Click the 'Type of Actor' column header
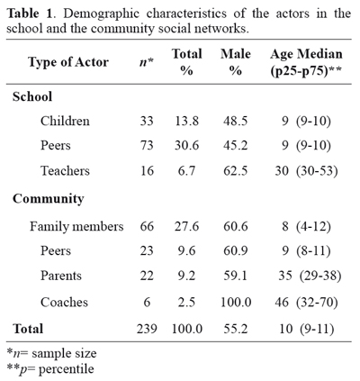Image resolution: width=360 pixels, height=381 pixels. pyautogui.click(x=68, y=62)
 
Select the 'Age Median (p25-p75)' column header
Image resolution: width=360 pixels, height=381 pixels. pyautogui.click(x=306, y=62)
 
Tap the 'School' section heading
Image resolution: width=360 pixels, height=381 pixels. pyautogui.click(x=32, y=96)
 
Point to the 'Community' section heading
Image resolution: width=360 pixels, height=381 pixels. pyautogui.click(x=49, y=199)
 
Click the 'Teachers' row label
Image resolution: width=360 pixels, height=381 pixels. pyautogui.click(x=65, y=170)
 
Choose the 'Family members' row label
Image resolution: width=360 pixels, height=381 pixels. pyautogui.click(x=76, y=226)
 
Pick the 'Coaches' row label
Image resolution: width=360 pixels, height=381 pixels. pyautogui.click(x=64, y=302)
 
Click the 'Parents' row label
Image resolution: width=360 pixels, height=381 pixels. pyautogui.click(x=61, y=276)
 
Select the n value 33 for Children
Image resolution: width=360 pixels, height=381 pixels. pyautogui.click(x=147, y=121)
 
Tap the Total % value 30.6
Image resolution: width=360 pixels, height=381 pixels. pyautogui.click(x=186, y=145)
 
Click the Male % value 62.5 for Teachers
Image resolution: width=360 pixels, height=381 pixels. pyautogui.click(x=236, y=170)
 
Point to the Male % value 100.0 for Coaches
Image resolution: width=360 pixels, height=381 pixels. pyautogui.click(x=236, y=302)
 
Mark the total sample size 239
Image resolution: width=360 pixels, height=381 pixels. pyautogui.click(x=147, y=329)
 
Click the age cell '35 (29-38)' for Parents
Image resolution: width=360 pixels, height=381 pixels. pyautogui.click(x=310, y=276)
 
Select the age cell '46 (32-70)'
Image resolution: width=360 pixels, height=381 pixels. pyautogui.click(x=306, y=302)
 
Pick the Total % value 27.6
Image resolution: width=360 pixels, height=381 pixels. pyautogui.click(x=186, y=226)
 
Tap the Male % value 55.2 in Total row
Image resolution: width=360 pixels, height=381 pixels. pyautogui.click(x=236, y=329)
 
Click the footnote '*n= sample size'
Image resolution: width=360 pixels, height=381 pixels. pyautogui.click(x=51, y=353)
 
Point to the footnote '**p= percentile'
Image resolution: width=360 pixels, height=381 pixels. pyautogui.click(x=50, y=368)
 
